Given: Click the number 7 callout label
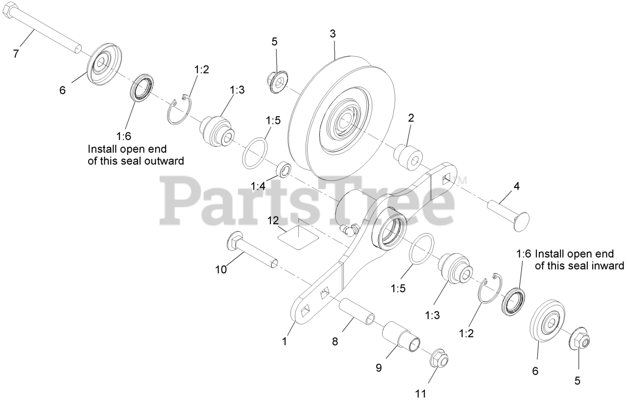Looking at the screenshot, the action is click(16, 54).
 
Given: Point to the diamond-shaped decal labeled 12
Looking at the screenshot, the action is click(298, 236).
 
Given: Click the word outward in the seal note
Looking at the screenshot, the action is click(164, 161).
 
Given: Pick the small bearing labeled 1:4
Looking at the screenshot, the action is click(284, 169).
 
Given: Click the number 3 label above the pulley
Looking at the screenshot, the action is click(333, 34).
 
